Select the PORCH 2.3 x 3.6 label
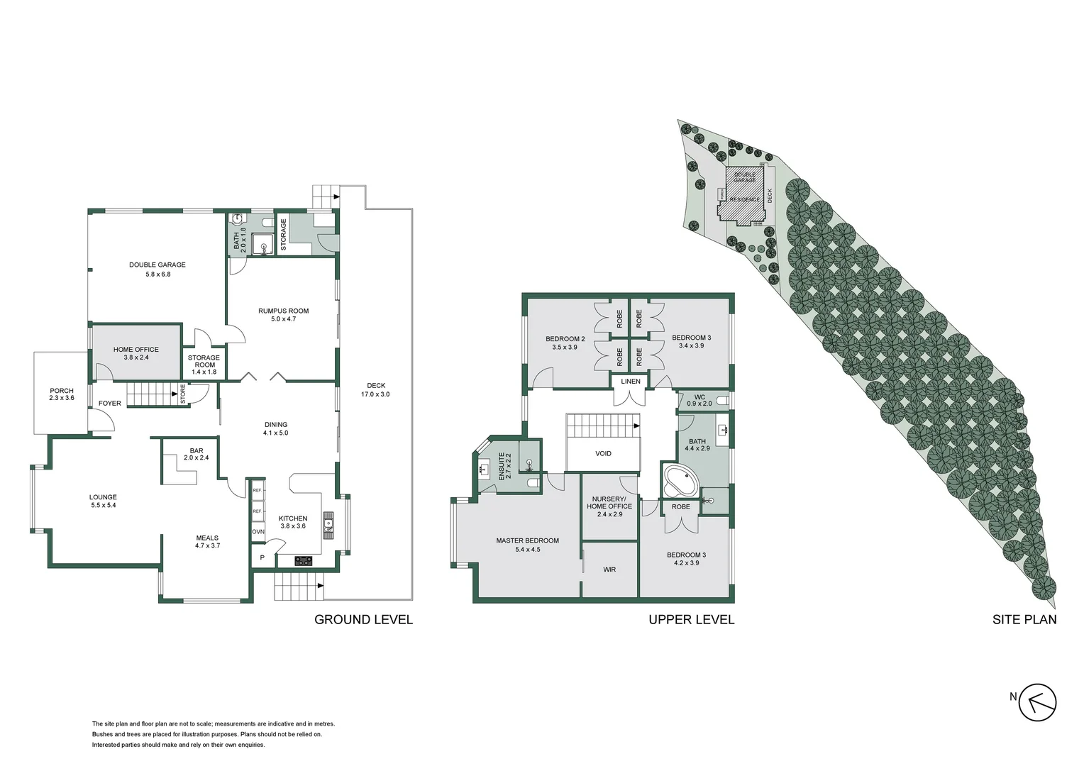pyautogui.click(x=62, y=394)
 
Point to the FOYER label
pyautogui.click(x=109, y=403)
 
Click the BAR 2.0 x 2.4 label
pyautogui.click(x=197, y=454)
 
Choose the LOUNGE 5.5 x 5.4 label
pyautogui.click(x=103, y=501)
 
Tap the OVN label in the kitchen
pyautogui.click(x=258, y=531)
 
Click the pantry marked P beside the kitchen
pyautogui.click(x=262, y=557)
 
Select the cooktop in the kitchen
pyautogui.click(x=304, y=560)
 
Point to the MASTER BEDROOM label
pyautogui.click(x=527, y=545)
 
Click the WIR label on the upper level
pyautogui.click(x=609, y=570)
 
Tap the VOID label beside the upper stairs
pyautogui.click(x=603, y=454)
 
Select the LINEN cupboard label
pyautogui.click(x=631, y=382)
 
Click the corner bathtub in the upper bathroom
pyautogui.click(x=680, y=482)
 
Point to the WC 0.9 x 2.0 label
pyautogui.click(x=699, y=400)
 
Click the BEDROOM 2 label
pyautogui.click(x=565, y=343)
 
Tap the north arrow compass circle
pyautogui.click(x=1038, y=703)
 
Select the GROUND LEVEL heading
pyautogui.click(x=363, y=619)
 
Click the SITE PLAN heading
pyautogui.click(x=1024, y=619)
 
